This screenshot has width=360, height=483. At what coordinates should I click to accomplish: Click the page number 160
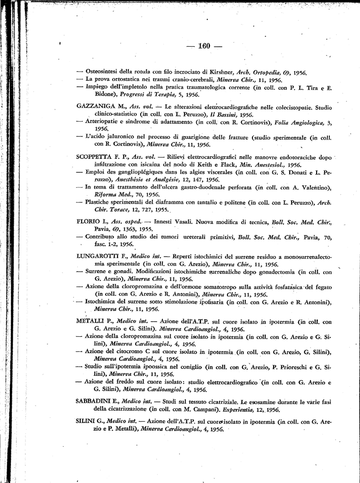[204, 46]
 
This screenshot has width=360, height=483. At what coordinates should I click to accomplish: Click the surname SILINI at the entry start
[85, 422]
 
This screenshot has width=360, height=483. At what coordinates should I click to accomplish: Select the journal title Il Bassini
[225, 114]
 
